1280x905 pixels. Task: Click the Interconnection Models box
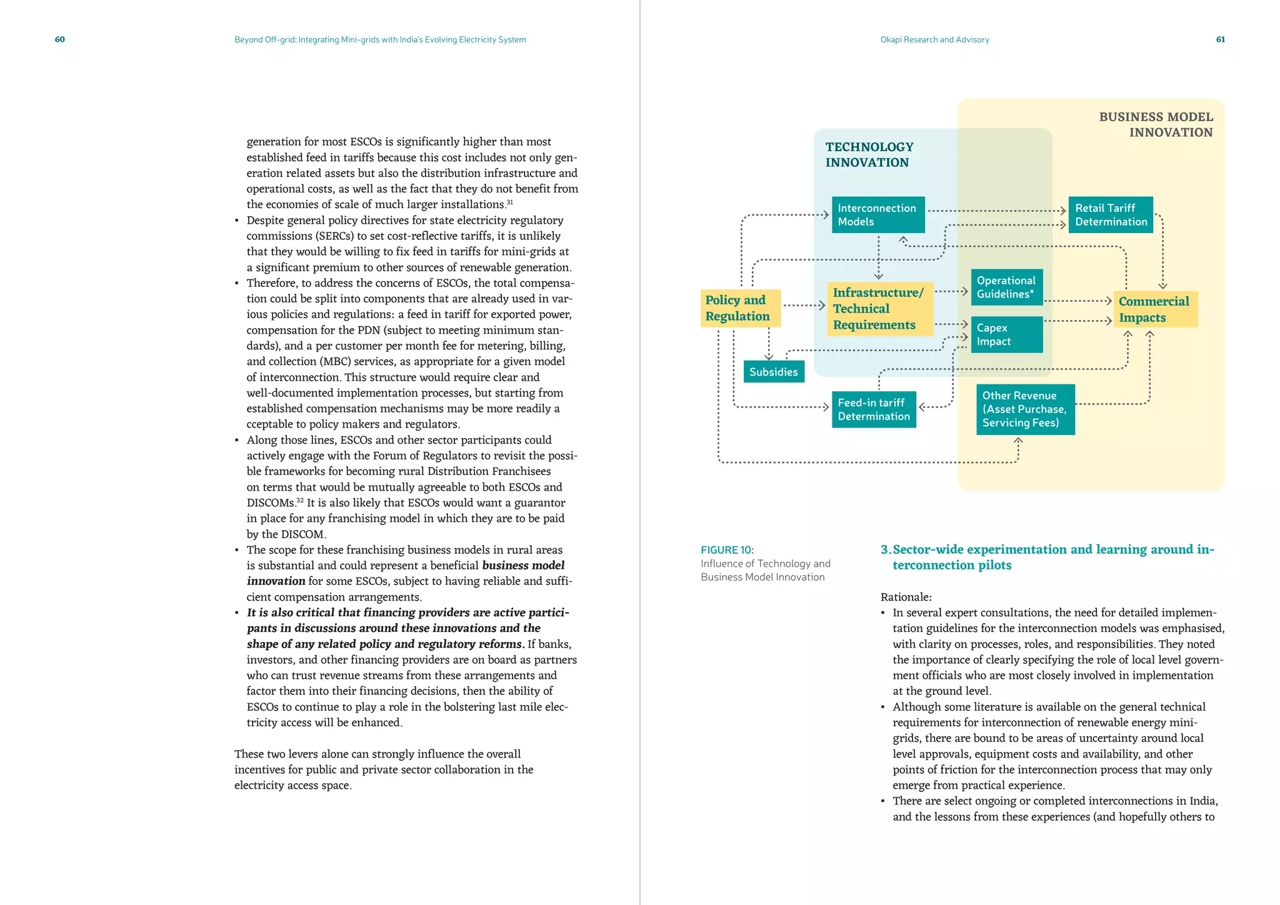coord(877,215)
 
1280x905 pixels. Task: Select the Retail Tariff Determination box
coord(1111,215)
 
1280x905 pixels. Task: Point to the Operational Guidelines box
coord(1006,287)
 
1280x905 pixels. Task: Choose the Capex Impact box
coord(1006,334)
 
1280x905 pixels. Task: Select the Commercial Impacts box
coord(1154,309)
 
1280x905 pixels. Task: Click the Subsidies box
coord(774,372)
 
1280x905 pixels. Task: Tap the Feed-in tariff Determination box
coord(874,410)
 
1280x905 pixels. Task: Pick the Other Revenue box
coord(1025,409)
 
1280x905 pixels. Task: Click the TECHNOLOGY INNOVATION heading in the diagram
coord(869,154)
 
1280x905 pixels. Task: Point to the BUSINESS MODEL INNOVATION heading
coord(1156,124)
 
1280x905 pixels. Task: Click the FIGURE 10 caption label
coord(727,550)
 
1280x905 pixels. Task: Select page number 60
coord(60,39)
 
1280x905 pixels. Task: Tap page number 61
coord(1220,39)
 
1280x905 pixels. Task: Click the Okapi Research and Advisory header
coord(934,39)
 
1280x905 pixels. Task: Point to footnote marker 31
coord(509,202)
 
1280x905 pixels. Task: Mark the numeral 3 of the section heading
coord(884,549)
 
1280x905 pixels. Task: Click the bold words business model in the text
coord(523,566)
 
